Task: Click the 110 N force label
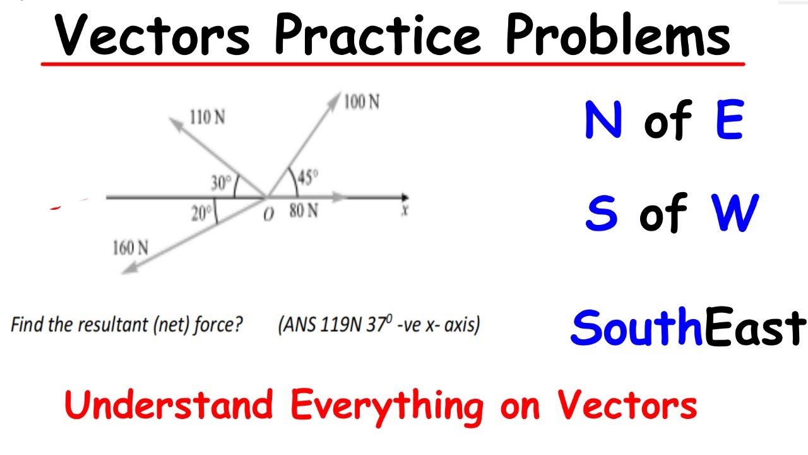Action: pos(207,118)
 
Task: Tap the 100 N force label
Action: pos(362,102)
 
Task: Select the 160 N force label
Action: pos(131,247)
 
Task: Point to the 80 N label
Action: pos(304,210)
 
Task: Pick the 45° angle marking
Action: pos(307,179)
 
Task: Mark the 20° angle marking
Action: pos(201,213)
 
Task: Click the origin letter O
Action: pos(269,214)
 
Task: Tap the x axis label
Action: pos(404,210)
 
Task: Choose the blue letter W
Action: pos(735,213)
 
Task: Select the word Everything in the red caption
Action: pos(387,405)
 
